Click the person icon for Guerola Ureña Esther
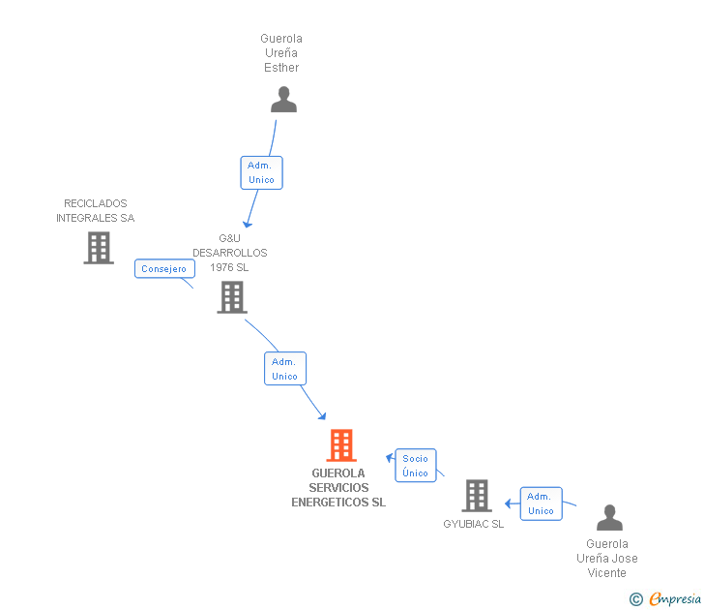coord(283,100)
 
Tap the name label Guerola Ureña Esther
coord(281,53)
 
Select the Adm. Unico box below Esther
coord(261,172)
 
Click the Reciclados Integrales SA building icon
coord(98,248)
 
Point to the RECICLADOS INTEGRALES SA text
coord(95,211)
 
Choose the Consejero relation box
coord(163,269)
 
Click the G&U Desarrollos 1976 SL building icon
coord(232,297)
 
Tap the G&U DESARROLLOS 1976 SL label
coord(229,253)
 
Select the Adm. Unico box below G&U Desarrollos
coord(284,369)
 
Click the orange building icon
coord(340,445)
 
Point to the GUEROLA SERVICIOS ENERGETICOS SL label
coord(338,488)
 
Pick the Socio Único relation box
coord(415,466)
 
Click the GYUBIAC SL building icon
coord(476,495)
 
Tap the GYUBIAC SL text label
coord(474,524)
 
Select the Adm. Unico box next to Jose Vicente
coord(541,503)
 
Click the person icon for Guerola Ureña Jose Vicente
coord(609,518)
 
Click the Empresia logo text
coord(674,599)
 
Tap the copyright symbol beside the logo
coord(636,599)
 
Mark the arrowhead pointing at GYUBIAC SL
coord(508,503)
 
